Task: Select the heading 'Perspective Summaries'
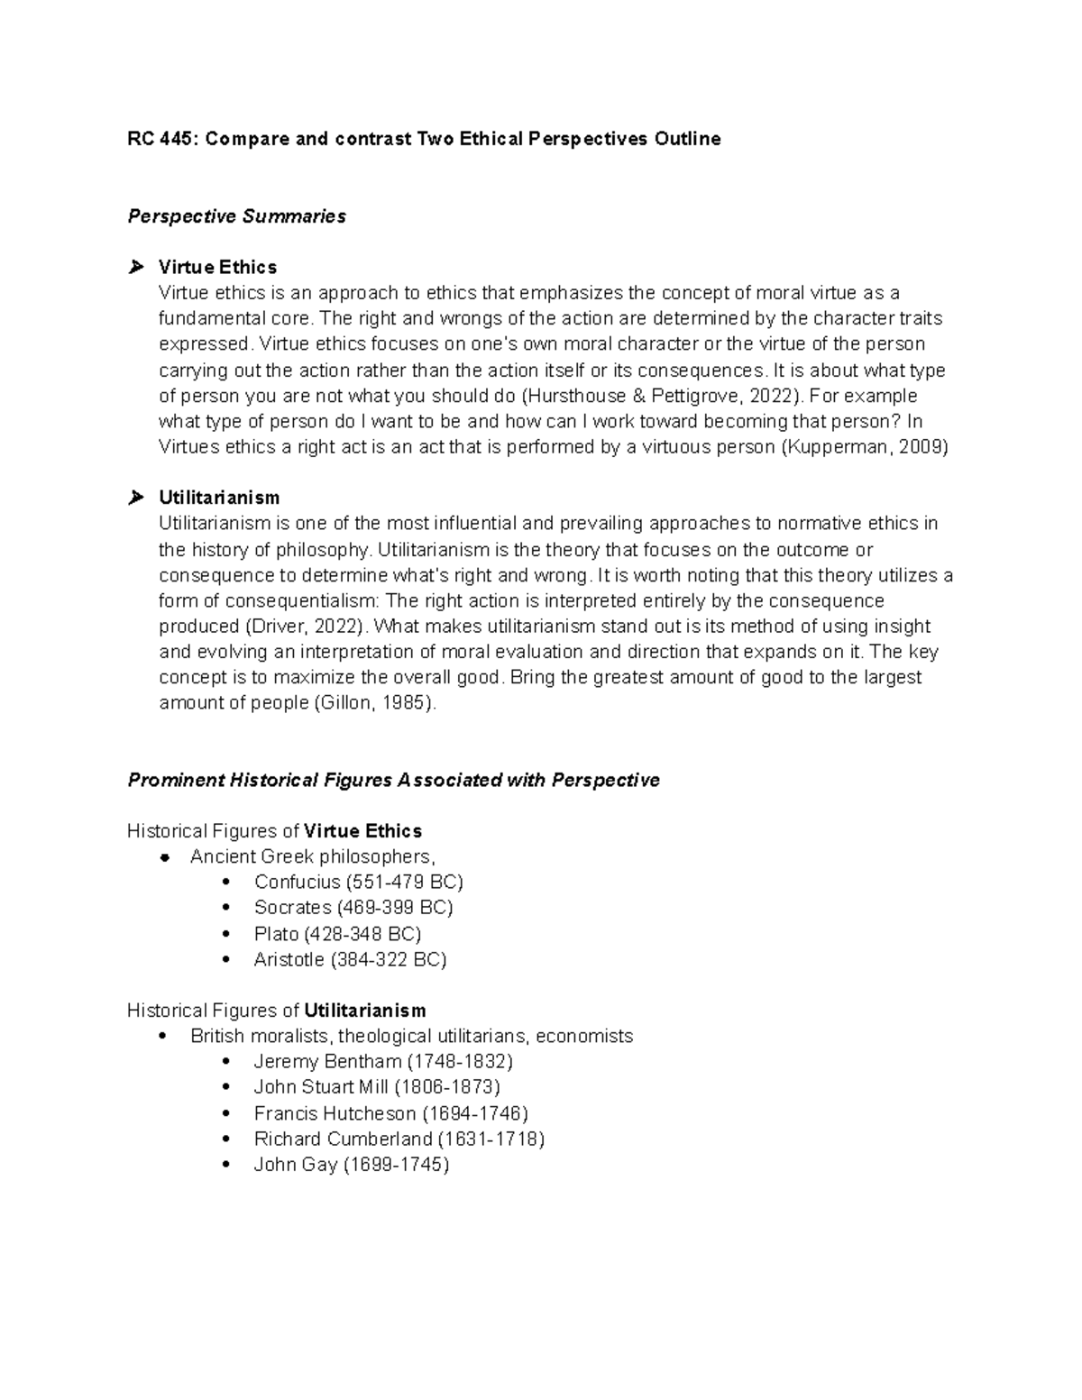236,216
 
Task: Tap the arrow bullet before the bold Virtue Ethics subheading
136,267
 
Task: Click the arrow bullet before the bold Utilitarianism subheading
136,498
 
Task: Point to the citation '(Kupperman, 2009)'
863,447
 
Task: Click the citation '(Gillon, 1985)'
373,703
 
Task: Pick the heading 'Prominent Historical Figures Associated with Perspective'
393,780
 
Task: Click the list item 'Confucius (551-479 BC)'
358,882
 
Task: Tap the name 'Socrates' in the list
292,908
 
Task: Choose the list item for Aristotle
350,960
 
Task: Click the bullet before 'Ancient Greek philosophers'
163,856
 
